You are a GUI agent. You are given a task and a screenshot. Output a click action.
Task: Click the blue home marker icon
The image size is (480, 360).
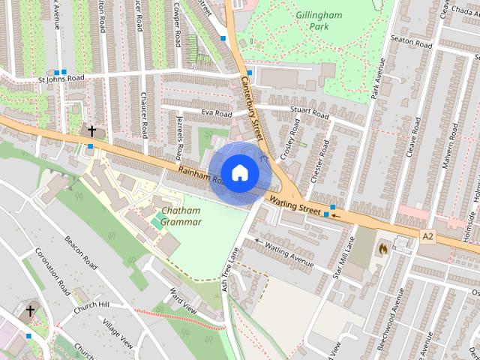(x=239, y=172)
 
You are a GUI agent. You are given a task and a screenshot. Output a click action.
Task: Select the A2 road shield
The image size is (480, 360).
(x=428, y=236)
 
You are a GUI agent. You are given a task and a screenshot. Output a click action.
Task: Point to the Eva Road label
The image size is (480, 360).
(x=217, y=112)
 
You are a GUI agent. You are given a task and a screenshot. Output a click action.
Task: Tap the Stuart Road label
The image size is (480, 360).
(x=310, y=115)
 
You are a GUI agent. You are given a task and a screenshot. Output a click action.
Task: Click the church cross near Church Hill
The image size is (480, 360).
(x=30, y=310)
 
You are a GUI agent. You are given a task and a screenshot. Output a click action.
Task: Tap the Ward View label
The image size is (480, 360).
(x=182, y=301)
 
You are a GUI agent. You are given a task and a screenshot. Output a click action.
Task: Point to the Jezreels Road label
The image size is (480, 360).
(x=178, y=135)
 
